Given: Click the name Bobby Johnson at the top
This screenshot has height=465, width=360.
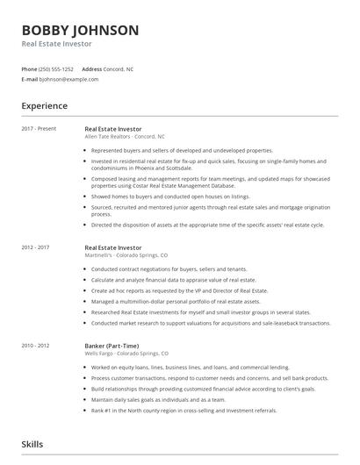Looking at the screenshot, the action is click(x=80, y=30).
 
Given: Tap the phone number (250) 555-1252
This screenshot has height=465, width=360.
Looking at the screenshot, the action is click(x=57, y=68).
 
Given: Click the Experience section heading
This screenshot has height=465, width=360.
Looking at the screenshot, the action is click(x=45, y=106).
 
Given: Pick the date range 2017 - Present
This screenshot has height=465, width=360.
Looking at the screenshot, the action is click(x=39, y=129).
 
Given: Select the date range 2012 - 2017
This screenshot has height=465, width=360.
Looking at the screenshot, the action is click(x=36, y=248).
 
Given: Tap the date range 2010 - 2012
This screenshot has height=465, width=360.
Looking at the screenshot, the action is click(x=36, y=345).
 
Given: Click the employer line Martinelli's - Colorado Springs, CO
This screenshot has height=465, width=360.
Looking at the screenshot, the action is click(x=126, y=256).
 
